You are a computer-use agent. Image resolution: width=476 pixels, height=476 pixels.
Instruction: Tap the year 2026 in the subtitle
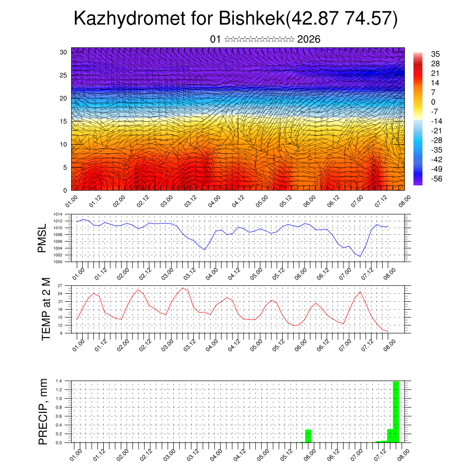tap(309, 40)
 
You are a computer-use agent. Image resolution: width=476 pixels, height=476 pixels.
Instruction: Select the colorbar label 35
tap(435, 54)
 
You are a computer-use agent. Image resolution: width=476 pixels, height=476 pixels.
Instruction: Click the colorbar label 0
tap(433, 102)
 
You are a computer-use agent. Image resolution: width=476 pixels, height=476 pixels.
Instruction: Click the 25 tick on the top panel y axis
tap(65, 75)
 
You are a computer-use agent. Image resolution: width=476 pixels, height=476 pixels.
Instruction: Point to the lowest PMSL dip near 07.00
tap(359, 256)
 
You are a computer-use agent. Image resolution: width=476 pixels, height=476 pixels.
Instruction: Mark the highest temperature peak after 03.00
tap(183, 288)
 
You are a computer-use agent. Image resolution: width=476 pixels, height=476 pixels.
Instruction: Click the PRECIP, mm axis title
tap(43, 411)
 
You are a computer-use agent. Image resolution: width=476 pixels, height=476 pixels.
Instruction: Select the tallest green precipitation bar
tap(396, 411)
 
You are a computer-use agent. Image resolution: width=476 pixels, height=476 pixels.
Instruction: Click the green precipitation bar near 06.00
tap(308, 436)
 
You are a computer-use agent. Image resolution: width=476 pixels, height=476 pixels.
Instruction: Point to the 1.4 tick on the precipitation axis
tap(59, 381)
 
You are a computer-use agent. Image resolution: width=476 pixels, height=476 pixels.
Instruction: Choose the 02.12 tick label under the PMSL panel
tap(145, 273)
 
